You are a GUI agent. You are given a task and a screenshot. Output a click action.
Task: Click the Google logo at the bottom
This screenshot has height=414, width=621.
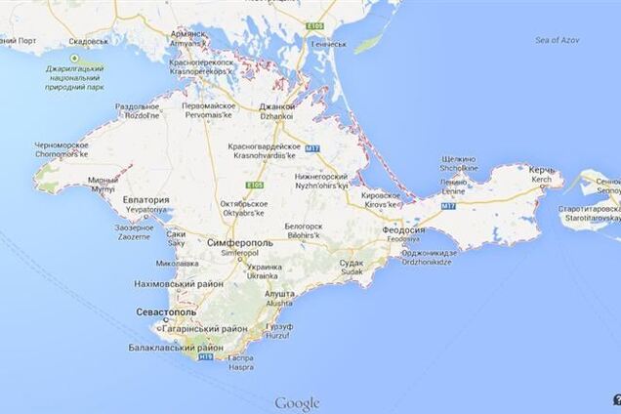point(297,403)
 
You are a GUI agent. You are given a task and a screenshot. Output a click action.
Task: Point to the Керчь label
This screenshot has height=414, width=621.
point(542,170)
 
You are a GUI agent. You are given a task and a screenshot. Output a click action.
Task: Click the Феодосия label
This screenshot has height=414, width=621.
point(402,230)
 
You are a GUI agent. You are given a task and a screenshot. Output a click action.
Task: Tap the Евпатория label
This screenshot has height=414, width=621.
point(146,199)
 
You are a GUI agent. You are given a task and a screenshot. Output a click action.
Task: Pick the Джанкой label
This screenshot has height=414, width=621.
point(277,106)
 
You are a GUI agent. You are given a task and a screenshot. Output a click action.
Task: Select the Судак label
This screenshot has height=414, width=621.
point(351,263)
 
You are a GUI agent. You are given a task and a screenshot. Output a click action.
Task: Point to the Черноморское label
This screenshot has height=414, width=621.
point(62,144)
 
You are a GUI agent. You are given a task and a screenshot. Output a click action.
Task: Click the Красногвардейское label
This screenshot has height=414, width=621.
point(264,145)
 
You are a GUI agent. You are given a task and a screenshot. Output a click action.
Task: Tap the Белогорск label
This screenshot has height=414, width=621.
point(303,225)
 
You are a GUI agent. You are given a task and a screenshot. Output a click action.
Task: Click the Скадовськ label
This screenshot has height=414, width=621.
point(89,42)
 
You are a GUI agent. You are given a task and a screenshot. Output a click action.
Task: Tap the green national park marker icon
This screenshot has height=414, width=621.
point(74,58)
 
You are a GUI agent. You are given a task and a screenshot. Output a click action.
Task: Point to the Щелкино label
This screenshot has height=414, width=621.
point(458,157)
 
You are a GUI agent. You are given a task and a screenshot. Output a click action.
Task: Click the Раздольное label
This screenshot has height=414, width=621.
point(137,105)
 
